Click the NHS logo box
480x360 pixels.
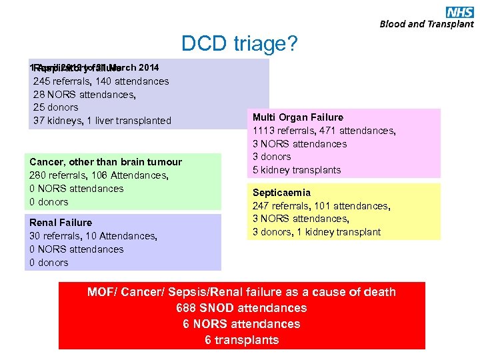(x=460, y=11)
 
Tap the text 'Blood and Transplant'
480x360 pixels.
(x=427, y=24)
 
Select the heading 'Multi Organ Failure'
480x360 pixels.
(x=298, y=117)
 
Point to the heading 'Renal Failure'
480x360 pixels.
(x=61, y=222)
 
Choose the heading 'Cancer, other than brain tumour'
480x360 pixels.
(x=105, y=162)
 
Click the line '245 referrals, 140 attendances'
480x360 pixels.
(x=101, y=81)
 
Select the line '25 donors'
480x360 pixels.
(x=55, y=107)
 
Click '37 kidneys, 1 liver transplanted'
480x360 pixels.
(x=102, y=121)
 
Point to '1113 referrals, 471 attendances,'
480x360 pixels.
(x=324, y=131)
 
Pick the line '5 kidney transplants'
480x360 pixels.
(x=296, y=170)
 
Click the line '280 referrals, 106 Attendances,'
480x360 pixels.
(x=99, y=175)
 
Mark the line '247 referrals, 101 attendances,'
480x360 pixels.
(x=321, y=206)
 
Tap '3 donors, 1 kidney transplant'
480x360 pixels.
(x=316, y=232)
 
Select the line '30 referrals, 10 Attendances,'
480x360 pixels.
(x=93, y=235)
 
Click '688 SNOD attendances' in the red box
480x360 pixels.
(x=241, y=308)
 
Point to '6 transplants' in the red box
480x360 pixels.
(x=241, y=340)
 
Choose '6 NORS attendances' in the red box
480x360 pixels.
(x=241, y=324)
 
